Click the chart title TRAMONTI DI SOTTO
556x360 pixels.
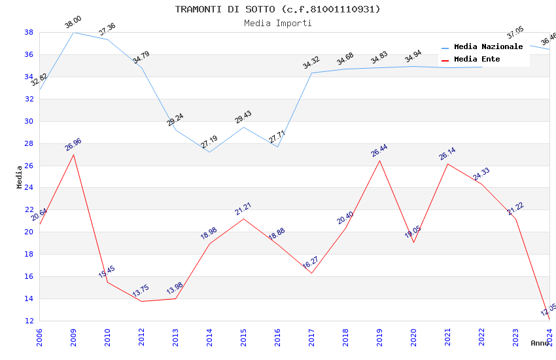click(x=277, y=9)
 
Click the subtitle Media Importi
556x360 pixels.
click(x=277, y=23)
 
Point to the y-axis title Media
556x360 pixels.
click(x=19, y=177)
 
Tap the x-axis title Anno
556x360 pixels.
click(x=540, y=342)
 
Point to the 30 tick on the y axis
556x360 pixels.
click(x=29, y=121)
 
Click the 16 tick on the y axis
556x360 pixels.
click(x=29, y=276)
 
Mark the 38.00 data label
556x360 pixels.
click(x=73, y=24)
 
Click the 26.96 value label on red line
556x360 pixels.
click(x=73, y=145)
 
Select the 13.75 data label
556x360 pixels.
click(x=141, y=292)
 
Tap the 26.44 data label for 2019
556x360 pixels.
click(x=379, y=151)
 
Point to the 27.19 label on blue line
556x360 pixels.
click(x=209, y=142)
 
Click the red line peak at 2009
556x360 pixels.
click(x=73, y=154)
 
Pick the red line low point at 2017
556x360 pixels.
click(x=311, y=273)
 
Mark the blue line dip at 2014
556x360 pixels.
click(x=209, y=152)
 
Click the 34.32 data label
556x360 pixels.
click(x=311, y=63)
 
